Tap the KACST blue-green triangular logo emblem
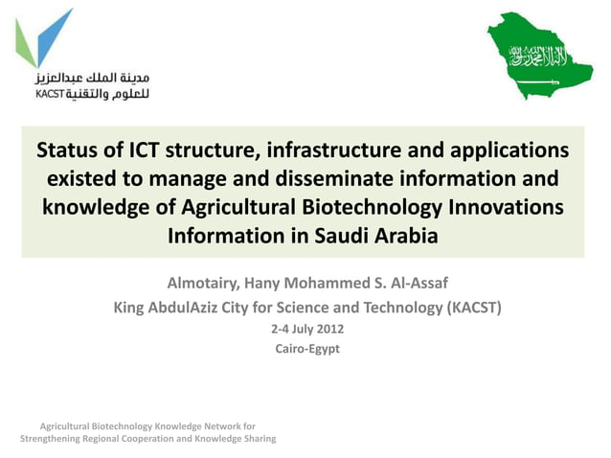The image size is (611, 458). pos(43,38)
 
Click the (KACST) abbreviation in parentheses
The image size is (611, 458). pos(468,308)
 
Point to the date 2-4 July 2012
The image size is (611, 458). pos(306,330)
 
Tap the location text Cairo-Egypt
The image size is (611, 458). pos(306,349)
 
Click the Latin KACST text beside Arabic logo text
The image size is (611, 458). pos(49,94)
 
